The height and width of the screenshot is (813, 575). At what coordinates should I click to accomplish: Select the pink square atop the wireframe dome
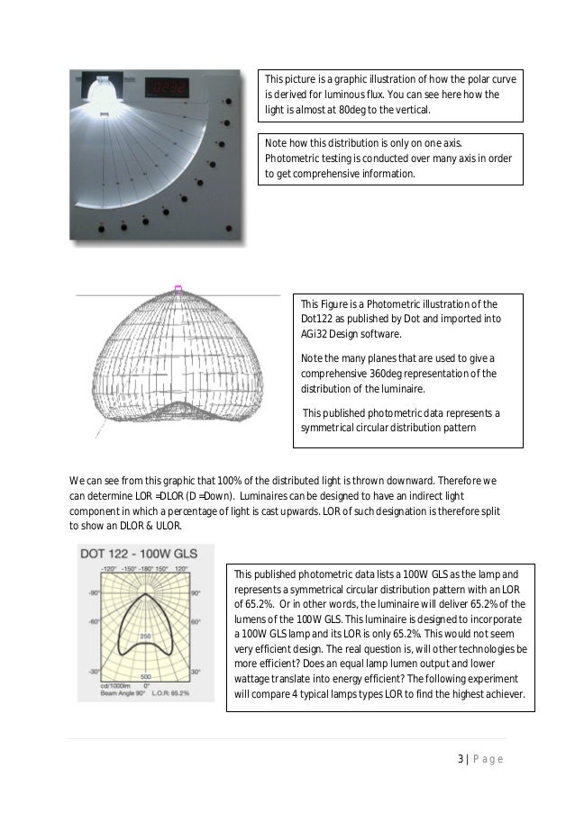click(178, 289)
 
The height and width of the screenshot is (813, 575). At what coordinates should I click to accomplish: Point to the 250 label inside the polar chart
click(144, 637)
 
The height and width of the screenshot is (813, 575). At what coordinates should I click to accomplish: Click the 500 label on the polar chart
click(144, 677)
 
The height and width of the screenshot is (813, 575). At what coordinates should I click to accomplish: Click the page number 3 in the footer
click(459, 759)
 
